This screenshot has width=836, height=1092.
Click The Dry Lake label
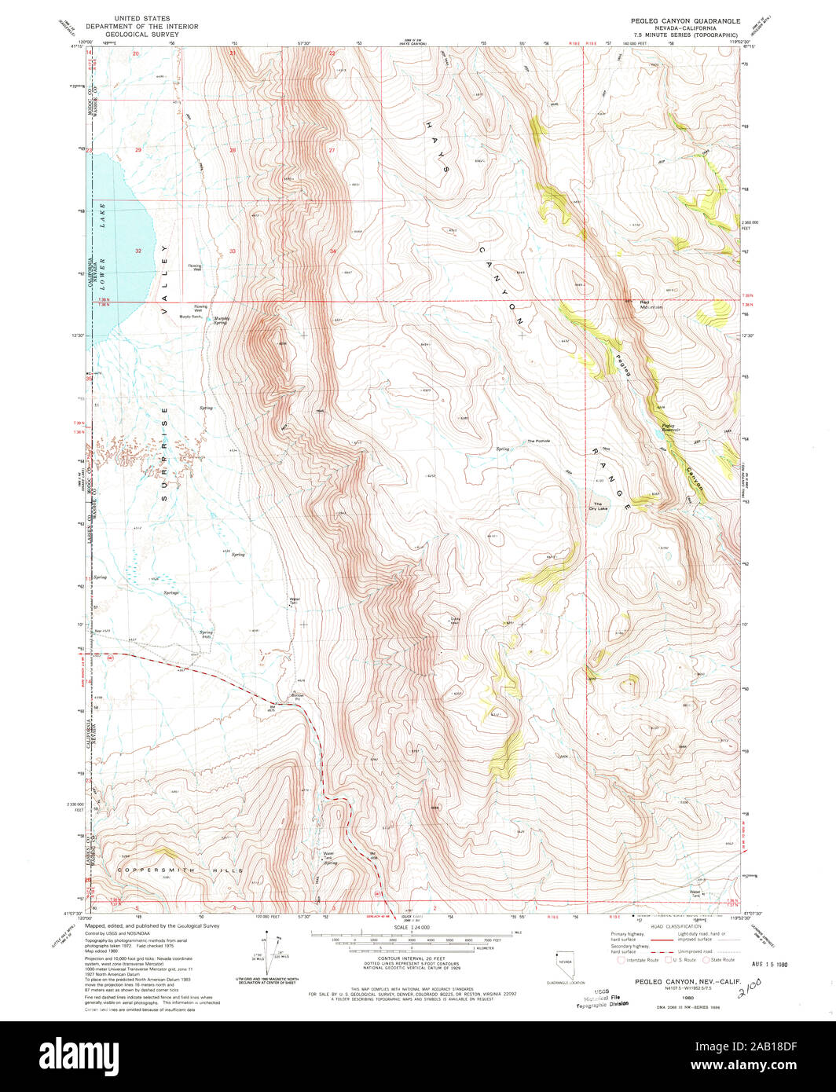[x=599, y=506]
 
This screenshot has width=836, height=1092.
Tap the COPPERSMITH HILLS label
[x=181, y=870]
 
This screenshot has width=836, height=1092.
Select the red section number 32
[x=138, y=251]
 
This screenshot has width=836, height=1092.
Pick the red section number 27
[x=332, y=149]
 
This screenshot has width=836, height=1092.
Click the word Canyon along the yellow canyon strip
[x=695, y=481]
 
